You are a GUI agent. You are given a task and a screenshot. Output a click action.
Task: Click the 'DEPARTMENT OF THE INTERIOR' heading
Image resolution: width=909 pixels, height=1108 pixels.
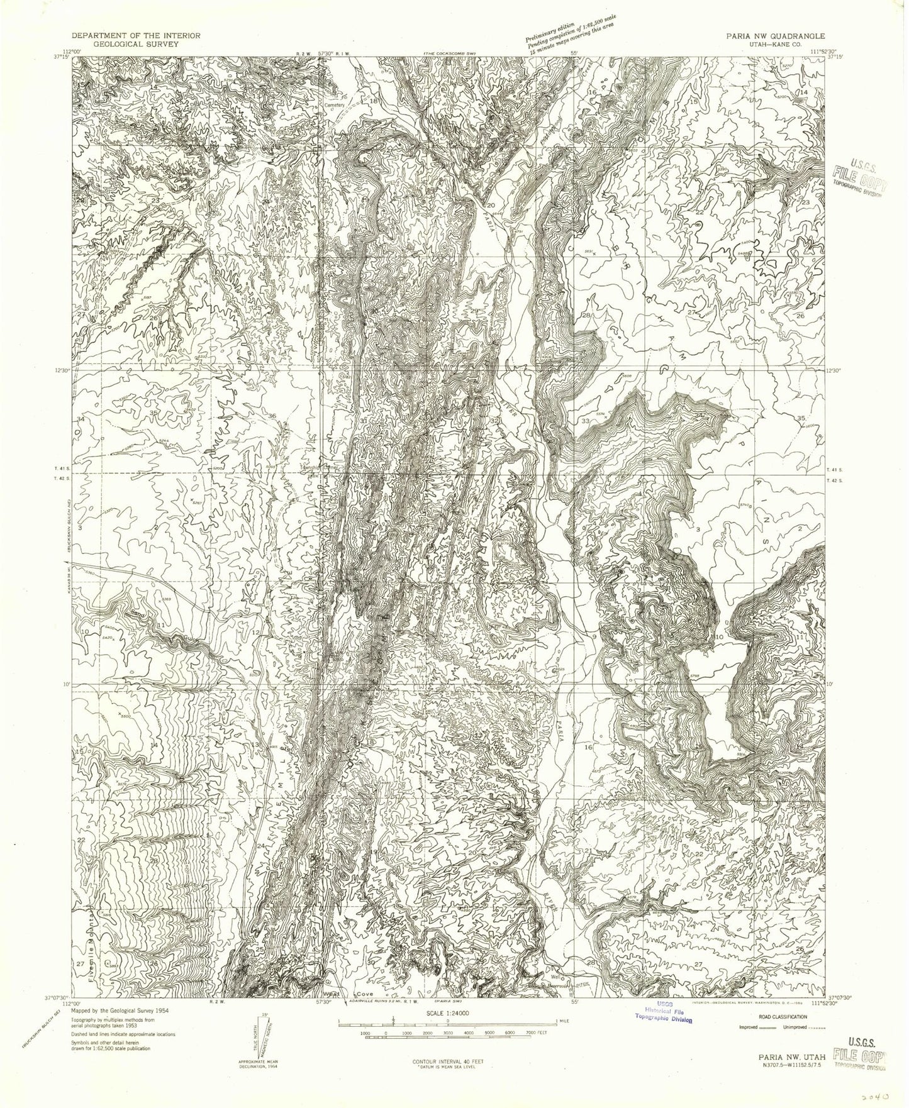(136, 36)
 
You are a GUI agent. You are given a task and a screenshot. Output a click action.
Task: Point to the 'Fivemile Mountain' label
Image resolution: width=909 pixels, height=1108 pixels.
(92, 930)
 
